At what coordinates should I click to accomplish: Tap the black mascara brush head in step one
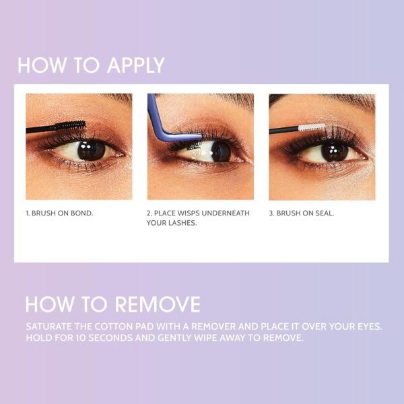[x=71, y=126]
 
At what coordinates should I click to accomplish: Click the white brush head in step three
[x=312, y=127]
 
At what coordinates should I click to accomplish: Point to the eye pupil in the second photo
[x=218, y=151]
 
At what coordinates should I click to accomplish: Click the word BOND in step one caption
[x=82, y=213]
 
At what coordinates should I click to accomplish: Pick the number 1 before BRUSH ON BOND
[x=28, y=213]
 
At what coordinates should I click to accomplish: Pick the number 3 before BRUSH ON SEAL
[x=271, y=213]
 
